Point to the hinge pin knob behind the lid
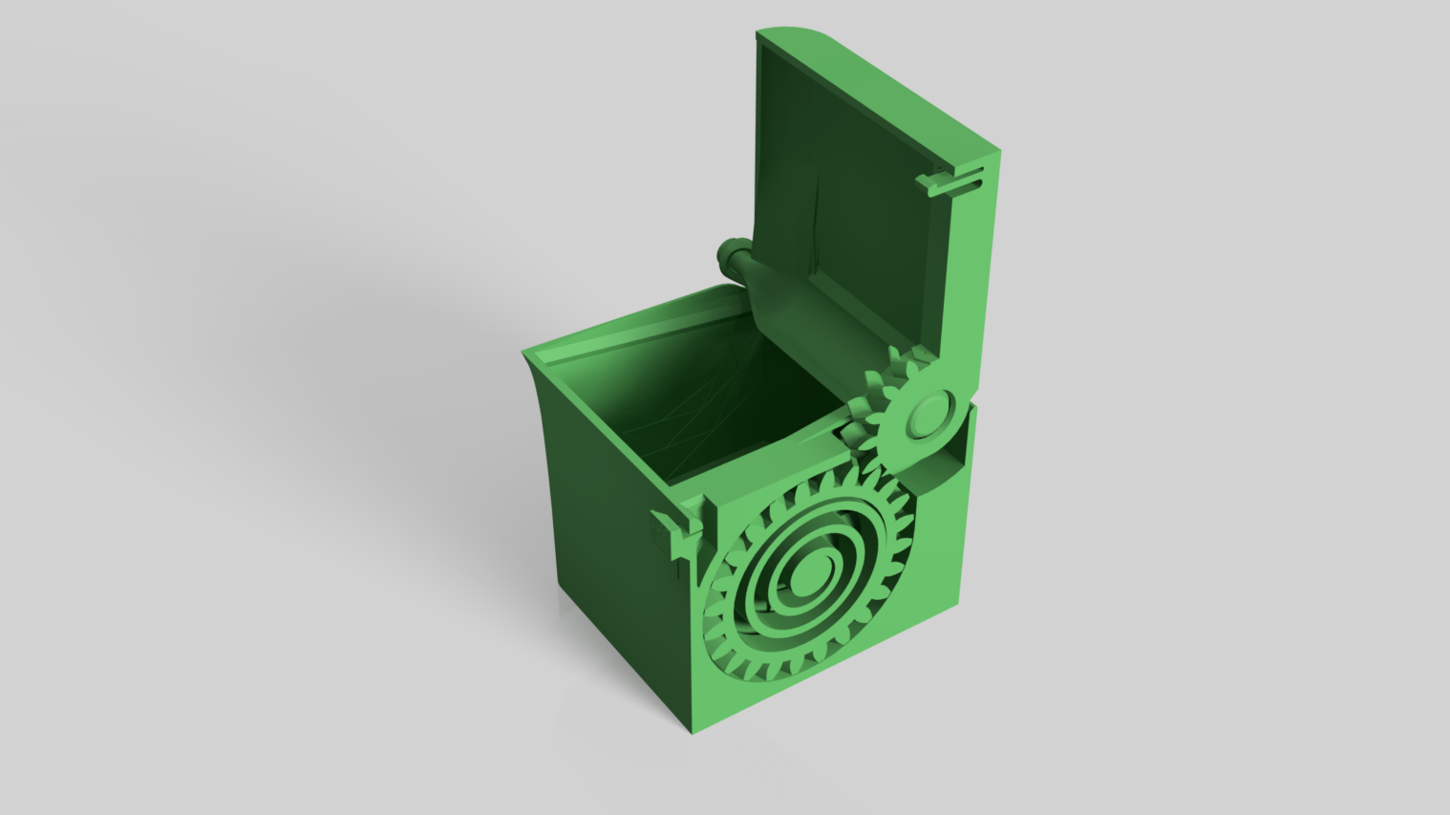(x=727, y=255)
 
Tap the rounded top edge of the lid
(x=802, y=37)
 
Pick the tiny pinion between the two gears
(x=860, y=424)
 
